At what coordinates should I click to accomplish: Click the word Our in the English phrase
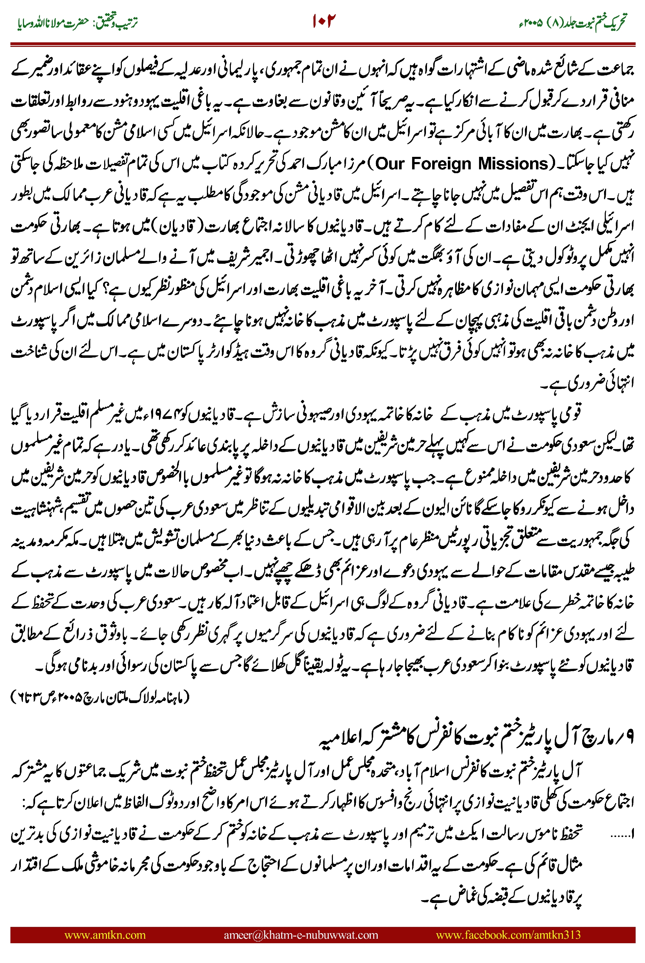(x=390, y=164)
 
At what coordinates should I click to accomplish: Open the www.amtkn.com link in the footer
(x=105, y=935)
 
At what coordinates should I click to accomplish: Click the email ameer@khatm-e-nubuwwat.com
(x=301, y=935)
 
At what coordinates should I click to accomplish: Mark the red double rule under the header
(x=322, y=44)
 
